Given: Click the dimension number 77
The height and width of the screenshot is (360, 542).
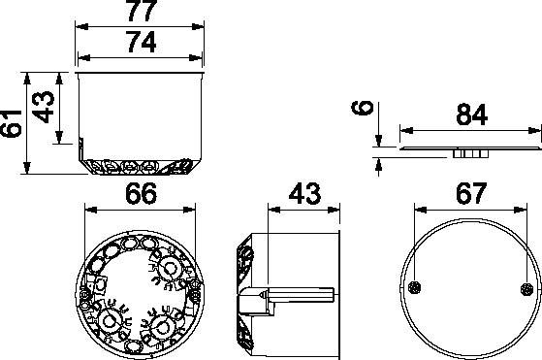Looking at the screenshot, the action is click(143, 11).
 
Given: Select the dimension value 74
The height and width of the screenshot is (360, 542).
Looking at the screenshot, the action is click(143, 42).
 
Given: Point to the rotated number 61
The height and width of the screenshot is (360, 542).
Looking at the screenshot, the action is click(11, 124).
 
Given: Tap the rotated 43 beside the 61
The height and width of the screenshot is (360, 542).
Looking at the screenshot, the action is click(44, 107).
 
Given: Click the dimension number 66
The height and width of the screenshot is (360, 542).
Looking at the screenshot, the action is click(141, 194).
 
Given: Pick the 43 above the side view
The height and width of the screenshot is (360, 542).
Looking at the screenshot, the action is click(304, 194).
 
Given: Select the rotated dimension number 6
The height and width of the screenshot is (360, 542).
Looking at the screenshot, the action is click(362, 108).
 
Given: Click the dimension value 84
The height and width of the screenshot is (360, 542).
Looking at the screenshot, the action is click(472, 115).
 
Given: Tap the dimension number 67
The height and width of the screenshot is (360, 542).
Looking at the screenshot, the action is click(471, 194).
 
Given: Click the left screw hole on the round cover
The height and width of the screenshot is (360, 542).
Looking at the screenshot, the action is click(414, 288).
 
